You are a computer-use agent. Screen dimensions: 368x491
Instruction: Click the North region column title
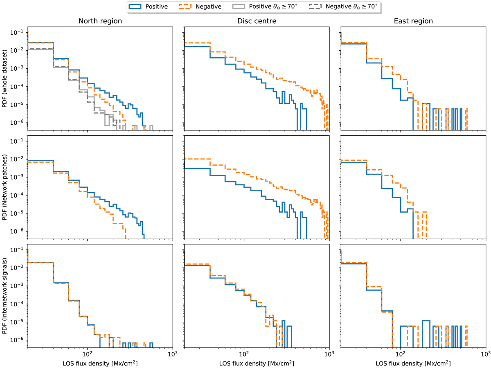99,21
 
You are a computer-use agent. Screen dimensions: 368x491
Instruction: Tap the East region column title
413,21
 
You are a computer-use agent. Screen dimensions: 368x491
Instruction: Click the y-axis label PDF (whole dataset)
6,78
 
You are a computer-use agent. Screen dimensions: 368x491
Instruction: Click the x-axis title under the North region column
99,363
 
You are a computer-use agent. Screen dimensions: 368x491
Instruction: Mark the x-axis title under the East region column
413,363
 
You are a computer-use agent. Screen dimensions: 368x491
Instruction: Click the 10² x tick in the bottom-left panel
87,355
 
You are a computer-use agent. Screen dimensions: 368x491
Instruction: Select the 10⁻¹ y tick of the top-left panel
20,32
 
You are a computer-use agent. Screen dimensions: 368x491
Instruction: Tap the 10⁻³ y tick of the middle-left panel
20,177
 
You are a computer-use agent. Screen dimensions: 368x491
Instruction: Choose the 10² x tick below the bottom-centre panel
244,355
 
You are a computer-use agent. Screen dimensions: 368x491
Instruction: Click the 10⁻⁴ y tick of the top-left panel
20,87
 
